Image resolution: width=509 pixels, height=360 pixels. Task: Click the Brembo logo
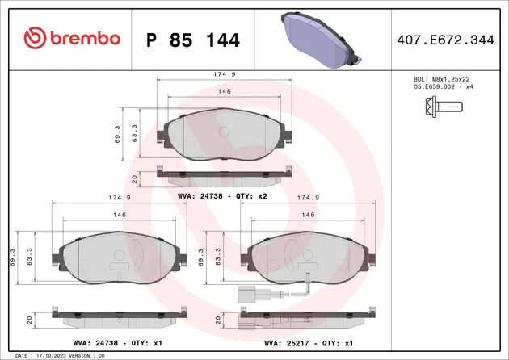[72, 38]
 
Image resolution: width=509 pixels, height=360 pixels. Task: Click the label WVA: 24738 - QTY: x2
[222, 196]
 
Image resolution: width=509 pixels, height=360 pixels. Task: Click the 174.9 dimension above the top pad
[225, 74]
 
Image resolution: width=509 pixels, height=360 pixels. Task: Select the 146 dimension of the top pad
[225, 91]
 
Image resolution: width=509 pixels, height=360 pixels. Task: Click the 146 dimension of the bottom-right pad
[307, 215]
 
